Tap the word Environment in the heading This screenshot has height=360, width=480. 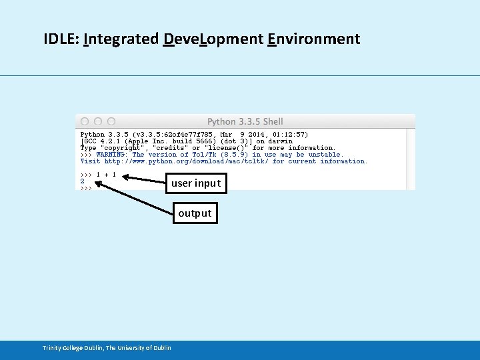(313, 39)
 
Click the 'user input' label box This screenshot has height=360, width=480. (195, 183)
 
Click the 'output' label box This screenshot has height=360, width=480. (195, 213)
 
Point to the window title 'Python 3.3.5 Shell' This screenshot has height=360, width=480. (245, 121)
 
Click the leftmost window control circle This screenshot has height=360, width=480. (85, 121)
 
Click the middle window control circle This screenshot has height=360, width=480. (98, 121)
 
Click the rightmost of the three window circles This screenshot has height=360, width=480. (111, 121)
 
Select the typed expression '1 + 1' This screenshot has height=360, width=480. (106, 175)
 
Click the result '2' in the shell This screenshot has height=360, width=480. (83, 181)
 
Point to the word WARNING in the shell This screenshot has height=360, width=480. (111, 155)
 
